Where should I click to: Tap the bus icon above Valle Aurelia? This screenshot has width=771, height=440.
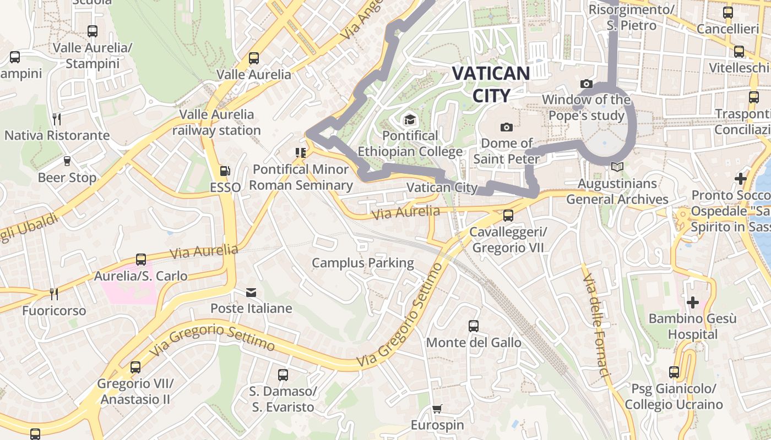[253, 58]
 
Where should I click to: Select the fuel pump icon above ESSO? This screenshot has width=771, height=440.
[225, 172]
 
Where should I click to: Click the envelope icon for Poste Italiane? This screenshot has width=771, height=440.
[251, 292]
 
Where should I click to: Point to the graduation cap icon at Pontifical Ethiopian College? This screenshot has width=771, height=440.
[410, 119]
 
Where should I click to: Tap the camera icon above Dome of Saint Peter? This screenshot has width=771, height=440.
[507, 127]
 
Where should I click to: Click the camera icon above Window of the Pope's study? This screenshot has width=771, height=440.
[586, 84]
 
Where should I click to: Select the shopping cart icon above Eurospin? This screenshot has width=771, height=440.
[437, 409]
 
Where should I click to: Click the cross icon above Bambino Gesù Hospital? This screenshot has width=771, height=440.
[692, 302]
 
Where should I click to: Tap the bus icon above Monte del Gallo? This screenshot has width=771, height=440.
[473, 326]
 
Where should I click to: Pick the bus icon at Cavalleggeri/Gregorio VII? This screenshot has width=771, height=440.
[508, 216]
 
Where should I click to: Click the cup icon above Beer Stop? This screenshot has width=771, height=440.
[67, 161]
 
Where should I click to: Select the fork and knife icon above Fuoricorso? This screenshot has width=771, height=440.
[53, 294]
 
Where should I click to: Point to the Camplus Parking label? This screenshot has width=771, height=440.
[363, 263]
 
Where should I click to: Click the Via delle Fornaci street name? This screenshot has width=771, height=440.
[596, 324]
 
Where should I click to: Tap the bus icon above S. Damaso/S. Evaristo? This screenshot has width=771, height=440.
[283, 375]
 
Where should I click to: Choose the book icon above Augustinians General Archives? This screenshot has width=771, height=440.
[617, 167]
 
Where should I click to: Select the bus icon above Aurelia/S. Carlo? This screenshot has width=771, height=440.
[140, 260]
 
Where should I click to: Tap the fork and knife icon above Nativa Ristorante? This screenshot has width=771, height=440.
[56, 119]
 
